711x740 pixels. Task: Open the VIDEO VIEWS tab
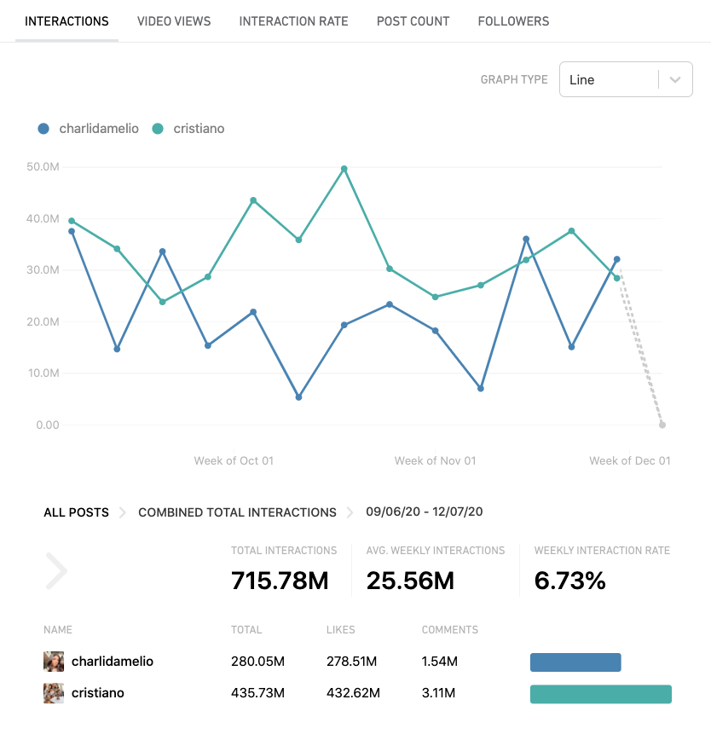coord(174,21)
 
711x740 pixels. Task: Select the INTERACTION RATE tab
coord(293,21)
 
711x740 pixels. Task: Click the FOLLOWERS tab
coord(513,21)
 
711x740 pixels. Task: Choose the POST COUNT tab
coord(413,21)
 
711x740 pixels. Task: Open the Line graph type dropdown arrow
coord(675,79)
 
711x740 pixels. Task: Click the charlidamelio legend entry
coord(89,129)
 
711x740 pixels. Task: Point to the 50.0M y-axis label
coord(43,167)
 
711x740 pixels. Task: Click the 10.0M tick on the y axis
coord(43,373)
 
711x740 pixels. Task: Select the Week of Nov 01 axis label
coord(435,460)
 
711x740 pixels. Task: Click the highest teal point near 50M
coord(344,169)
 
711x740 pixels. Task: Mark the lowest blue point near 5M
coord(298,397)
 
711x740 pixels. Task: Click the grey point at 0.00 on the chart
coord(662,425)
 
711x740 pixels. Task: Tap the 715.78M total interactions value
coord(280,581)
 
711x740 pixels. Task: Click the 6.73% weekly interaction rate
coord(569,581)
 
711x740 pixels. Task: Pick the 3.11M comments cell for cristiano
coord(440,693)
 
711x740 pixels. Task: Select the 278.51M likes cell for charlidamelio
coord(351,661)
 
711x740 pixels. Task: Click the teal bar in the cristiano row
coord(600,694)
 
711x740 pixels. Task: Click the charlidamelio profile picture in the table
coord(54,661)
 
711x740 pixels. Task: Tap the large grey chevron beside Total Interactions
coord(56,571)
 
